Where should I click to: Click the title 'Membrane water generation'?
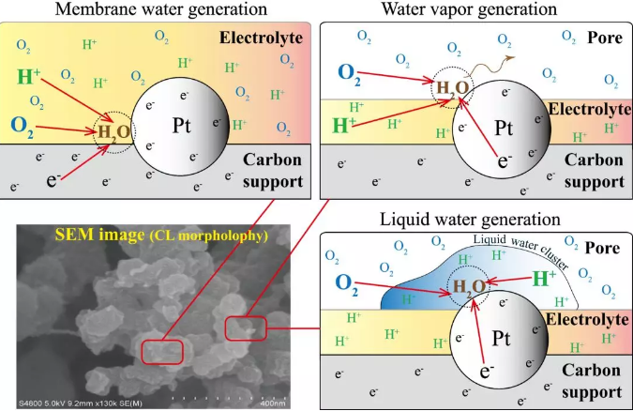[x=157, y=9]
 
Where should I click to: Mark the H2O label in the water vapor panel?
[x=450, y=89]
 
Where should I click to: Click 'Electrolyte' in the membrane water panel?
[x=266, y=38]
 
